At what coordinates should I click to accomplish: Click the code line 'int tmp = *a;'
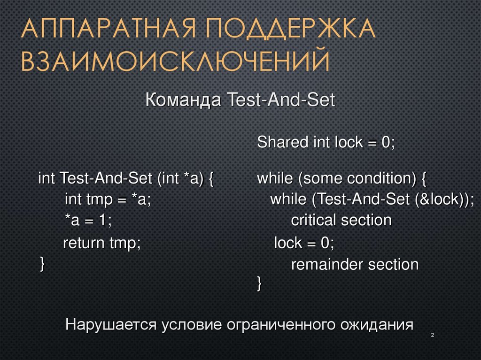(x=108, y=199)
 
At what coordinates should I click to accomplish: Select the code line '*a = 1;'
(x=88, y=221)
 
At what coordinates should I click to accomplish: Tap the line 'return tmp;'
(x=102, y=243)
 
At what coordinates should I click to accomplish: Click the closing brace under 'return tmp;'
(x=42, y=263)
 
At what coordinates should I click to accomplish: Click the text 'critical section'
(x=341, y=220)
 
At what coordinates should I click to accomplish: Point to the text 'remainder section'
(x=355, y=265)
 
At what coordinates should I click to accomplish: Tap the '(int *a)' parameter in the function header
(x=181, y=179)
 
